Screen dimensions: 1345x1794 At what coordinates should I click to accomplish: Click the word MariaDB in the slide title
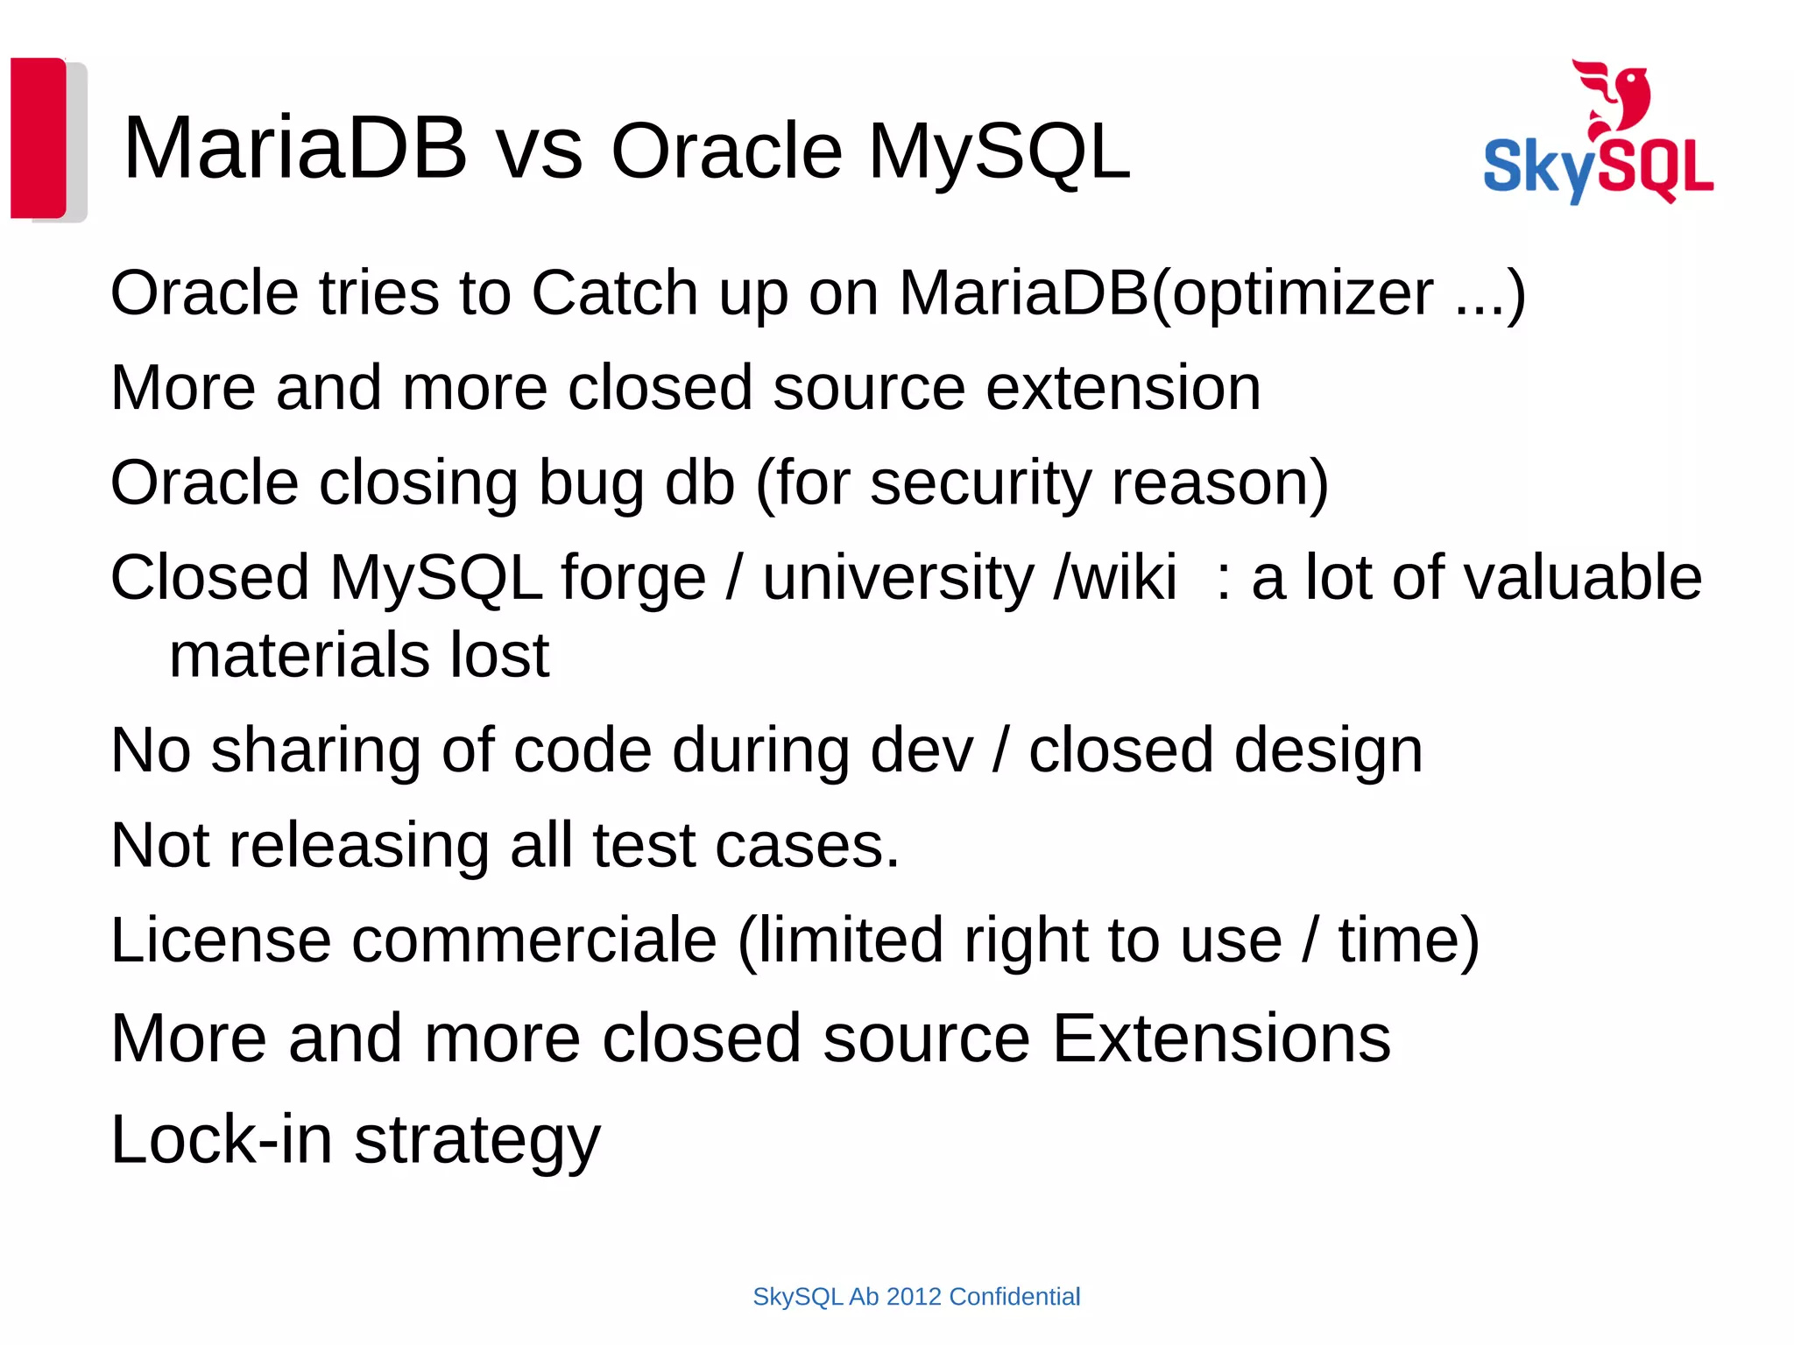[x=295, y=149]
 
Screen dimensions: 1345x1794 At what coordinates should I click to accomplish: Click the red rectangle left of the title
[x=39, y=137]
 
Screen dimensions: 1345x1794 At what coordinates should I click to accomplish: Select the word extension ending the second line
[x=1123, y=388]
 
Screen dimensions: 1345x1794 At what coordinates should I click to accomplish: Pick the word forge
[x=633, y=579]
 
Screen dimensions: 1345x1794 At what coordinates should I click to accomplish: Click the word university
[x=899, y=579]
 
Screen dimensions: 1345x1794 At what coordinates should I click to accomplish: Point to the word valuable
[x=1547, y=579]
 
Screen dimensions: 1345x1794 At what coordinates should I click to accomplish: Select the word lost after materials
[x=499, y=656]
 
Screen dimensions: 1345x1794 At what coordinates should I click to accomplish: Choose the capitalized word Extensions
[x=1221, y=1039]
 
